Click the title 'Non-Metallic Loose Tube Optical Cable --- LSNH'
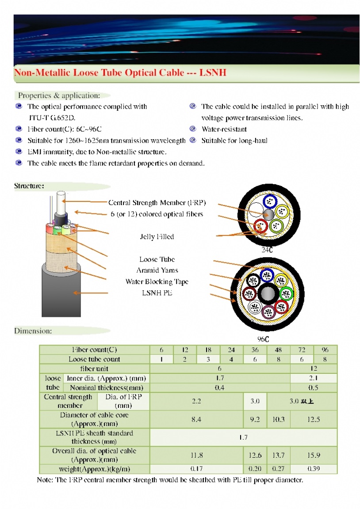120,72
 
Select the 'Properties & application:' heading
59,95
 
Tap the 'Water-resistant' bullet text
224,129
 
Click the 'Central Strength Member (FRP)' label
157,203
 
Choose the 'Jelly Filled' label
157,237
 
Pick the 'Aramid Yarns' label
157,270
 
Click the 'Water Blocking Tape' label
157,281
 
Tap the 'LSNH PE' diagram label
157,292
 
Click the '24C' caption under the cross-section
267,250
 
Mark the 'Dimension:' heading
33,330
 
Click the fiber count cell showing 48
279,349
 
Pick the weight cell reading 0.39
314,469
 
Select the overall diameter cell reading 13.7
279,455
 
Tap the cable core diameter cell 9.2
255,419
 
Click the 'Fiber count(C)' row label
94,349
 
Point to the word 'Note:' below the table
45,480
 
